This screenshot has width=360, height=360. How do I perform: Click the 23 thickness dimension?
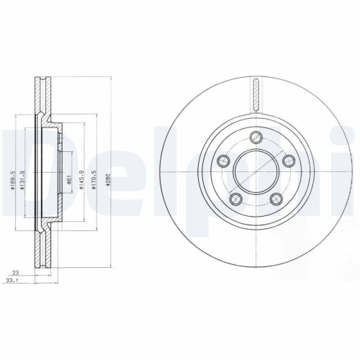tap(16, 272)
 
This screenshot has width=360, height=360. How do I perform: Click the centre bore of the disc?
tap(257, 171)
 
